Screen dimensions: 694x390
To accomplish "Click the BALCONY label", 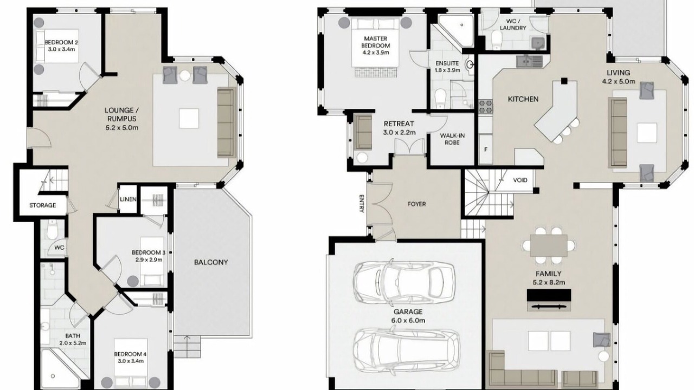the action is [x=211, y=262].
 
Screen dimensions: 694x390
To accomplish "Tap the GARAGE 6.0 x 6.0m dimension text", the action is [x=408, y=320].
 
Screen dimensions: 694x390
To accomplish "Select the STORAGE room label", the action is [x=43, y=205].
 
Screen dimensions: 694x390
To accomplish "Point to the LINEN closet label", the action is [x=128, y=199].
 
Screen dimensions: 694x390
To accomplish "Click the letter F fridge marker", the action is [x=486, y=149].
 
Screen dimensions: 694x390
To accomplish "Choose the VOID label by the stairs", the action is [x=520, y=180].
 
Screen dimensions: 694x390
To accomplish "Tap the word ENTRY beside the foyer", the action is [x=361, y=204].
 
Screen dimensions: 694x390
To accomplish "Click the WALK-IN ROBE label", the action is [x=452, y=139].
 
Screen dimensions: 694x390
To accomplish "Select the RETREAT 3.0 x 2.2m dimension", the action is [x=400, y=133].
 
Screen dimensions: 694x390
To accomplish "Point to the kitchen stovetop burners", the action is [x=485, y=106].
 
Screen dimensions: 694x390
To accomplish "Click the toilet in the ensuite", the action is [x=440, y=97].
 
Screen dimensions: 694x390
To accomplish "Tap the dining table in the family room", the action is [x=549, y=245].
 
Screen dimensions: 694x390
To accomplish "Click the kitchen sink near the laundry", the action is [x=529, y=61].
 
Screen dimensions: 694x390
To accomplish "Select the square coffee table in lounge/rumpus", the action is [x=189, y=118].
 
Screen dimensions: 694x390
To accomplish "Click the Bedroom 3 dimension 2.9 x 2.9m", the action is [x=149, y=259].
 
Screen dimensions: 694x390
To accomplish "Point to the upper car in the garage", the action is [x=404, y=282].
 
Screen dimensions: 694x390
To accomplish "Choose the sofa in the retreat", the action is [x=363, y=132].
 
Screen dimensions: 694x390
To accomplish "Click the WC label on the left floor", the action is [x=59, y=248].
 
